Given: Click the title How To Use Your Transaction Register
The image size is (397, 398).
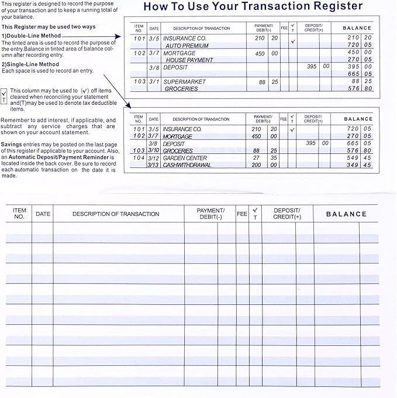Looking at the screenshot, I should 253,7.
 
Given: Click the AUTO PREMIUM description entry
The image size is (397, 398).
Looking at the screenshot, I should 187,46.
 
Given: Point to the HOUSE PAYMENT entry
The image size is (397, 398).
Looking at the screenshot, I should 189,60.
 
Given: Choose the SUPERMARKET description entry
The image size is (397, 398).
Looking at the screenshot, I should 184,82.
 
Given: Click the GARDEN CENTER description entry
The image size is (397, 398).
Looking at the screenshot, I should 185,158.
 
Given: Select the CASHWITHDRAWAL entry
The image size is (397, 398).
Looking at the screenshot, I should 187,165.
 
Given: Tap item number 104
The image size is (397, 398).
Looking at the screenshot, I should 139,158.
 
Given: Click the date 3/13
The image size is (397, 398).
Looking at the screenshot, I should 153,165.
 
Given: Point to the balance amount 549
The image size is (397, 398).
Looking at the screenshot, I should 352,158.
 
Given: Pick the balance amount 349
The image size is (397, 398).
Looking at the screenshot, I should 352,165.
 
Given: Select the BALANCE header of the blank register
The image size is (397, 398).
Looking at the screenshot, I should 346,214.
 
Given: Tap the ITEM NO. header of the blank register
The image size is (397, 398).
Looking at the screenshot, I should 19,214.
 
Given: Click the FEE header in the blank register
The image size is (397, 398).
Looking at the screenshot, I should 242,214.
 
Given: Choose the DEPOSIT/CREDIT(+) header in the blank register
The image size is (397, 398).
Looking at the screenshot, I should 286,214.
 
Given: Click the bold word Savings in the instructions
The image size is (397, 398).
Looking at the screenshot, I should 12,144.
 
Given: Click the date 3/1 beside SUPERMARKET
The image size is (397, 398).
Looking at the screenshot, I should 154,82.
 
